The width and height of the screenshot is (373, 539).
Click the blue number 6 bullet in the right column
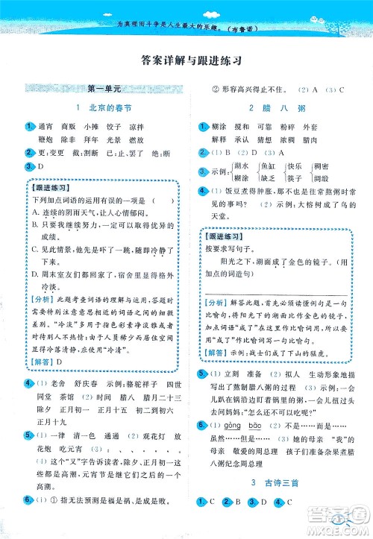tap(202, 425)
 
